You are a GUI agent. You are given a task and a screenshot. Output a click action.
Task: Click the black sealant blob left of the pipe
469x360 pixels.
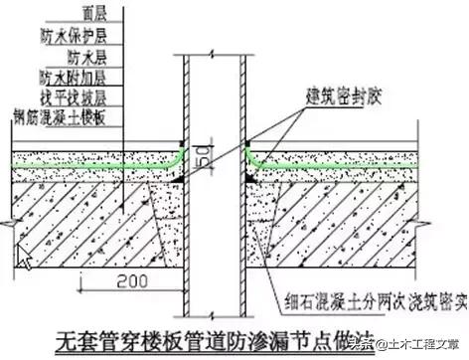(178, 176)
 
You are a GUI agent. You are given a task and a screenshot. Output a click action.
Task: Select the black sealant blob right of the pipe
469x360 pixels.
(247, 176)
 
